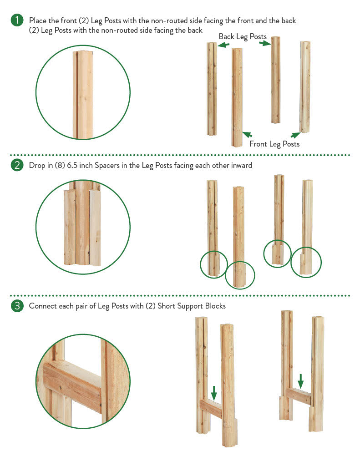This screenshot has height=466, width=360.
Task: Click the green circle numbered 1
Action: click(17, 20)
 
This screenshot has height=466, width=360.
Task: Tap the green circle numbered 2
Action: click(17, 165)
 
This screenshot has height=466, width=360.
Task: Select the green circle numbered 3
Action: click(17, 306)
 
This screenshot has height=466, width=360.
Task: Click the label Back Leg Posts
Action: click(243, 37)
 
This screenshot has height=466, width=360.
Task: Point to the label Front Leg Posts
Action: click(274, 144)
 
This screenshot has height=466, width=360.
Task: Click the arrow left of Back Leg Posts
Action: click(223, 45)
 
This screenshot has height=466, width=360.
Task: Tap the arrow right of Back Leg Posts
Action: click(265, 43)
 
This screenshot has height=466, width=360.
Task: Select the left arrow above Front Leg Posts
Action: click(247, 134)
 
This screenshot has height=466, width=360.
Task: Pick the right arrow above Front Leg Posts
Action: click(295, 135)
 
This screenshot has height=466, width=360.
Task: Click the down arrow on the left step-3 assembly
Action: click(214, 393)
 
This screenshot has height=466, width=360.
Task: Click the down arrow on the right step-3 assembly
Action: click(300, 381)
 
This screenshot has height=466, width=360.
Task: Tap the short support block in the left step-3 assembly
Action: click(211, 409)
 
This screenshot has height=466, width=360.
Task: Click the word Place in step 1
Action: click(37, 20)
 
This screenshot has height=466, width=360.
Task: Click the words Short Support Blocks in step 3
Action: click(192, 306)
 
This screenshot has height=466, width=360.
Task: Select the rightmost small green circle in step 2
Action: click(306, 263)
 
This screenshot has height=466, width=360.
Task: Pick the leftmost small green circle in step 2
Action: click(214, 264)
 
